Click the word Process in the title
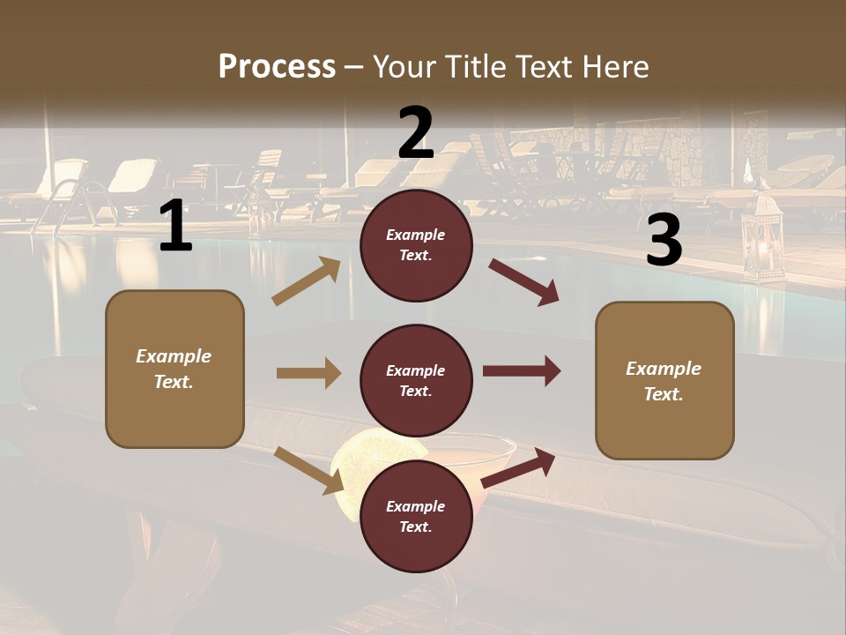click(x=277, y=66)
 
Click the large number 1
click(x=175, y=227)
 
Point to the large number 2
click(x=416, y=133)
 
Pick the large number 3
click(x=664, y=241)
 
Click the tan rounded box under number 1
click(x=174, y=369)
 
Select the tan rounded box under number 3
click(x=664, y=380)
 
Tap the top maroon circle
click(x=416, y=245)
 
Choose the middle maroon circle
click(x=416, y=380)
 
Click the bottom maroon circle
click(x=416, y=516)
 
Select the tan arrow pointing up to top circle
click(x=307, y=281)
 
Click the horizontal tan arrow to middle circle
click(x=308, y=373)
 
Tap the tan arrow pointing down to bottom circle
click(x=309, y=470)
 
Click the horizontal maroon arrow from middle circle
click(x=522, y=370)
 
